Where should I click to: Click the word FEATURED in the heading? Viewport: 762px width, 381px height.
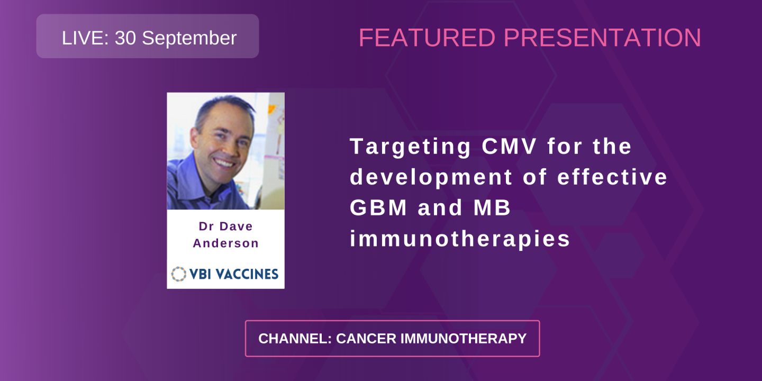[427, 38]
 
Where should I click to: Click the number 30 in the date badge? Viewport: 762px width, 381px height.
[125, 38]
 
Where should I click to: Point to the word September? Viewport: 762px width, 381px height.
[189, 38]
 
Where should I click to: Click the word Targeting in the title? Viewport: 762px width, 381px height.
[410, 147]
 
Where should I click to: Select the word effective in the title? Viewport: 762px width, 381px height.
[612, 177]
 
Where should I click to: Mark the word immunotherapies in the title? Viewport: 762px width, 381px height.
[460, 239]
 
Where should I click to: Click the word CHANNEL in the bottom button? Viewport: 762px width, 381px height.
[294, 339]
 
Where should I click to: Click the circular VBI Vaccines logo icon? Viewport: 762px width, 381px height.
[179, 274]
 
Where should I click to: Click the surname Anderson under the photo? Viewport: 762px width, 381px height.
[225, 243]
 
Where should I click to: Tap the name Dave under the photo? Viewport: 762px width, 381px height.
[237, 226]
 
